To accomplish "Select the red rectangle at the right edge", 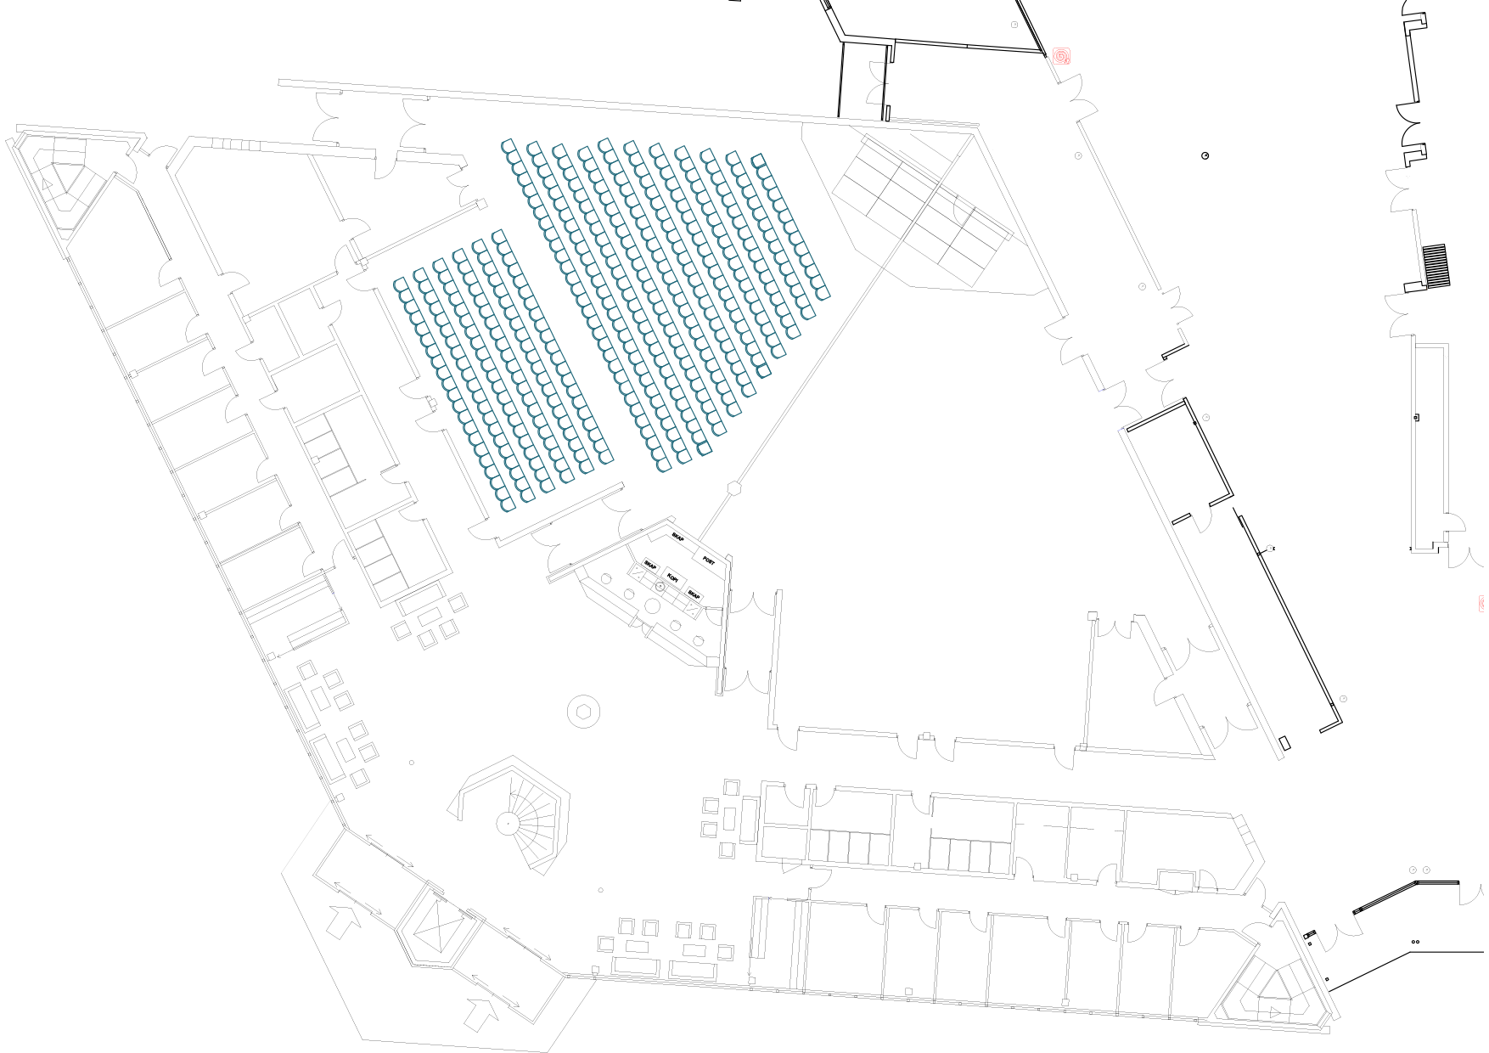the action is (x=1483, y=610).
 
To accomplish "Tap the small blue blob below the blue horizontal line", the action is (x=1121, y=431).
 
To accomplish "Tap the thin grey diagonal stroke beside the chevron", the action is (x=365, y=915).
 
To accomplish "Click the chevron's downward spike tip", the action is (x=324, y=960).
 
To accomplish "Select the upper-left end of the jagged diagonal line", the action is (x=864, y=143).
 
